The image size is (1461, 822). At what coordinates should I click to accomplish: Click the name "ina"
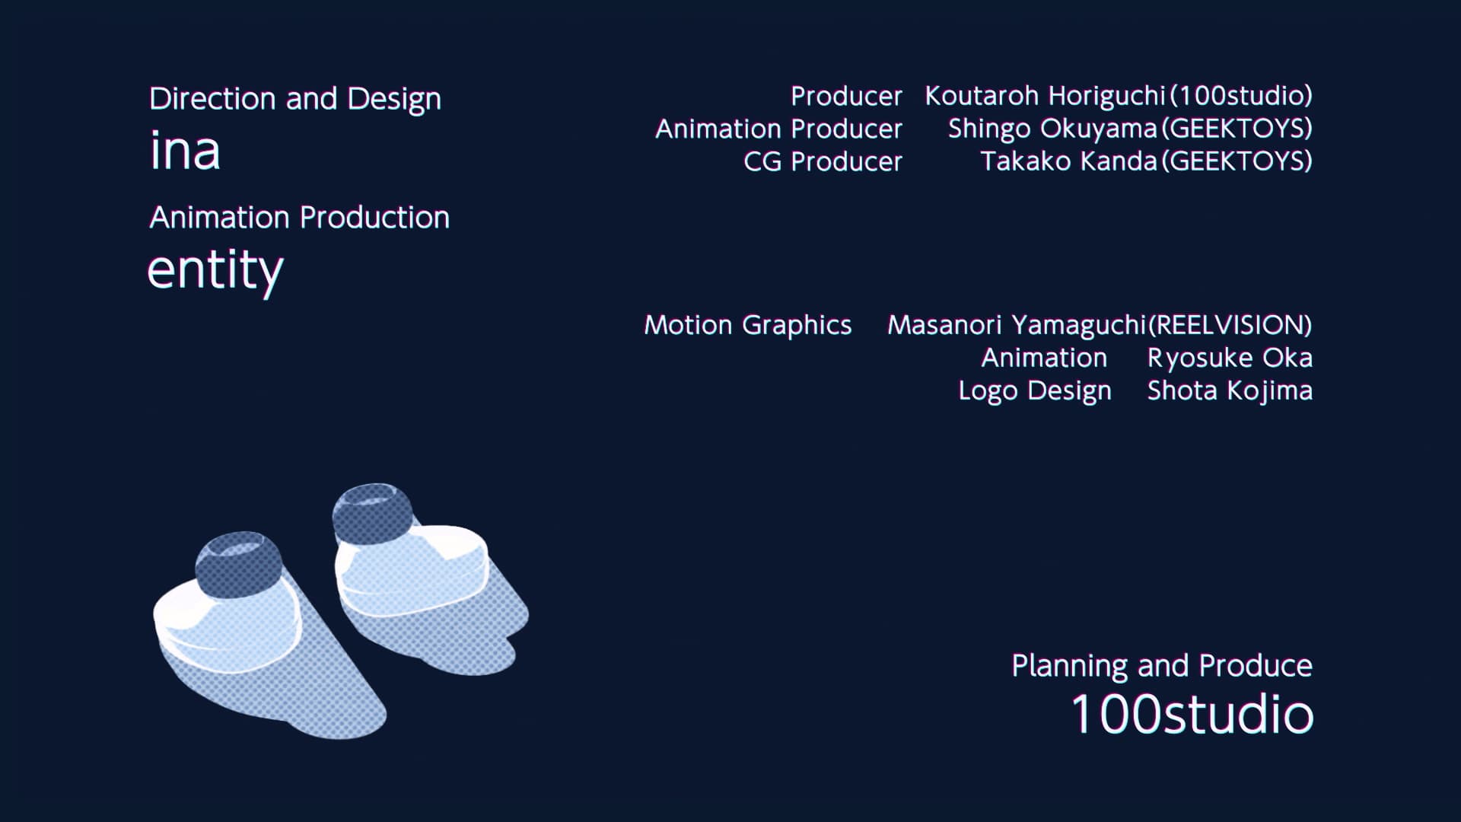[x=185, y=150]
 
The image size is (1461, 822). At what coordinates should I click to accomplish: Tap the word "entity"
[x=215, y=270]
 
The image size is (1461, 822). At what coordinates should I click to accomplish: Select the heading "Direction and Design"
[x=295, y=99]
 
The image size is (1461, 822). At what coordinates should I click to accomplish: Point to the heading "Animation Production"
[x=300, y=218]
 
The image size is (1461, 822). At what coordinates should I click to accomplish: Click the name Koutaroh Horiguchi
[x=1045, y=96]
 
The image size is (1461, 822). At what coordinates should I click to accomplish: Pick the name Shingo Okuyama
[x=1052, y=129]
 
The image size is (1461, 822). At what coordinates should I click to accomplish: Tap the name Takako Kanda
[x=1068, y=161]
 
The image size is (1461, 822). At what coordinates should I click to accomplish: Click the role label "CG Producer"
[x=823, y=161]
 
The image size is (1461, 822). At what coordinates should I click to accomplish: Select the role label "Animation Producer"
[x=778, y=129]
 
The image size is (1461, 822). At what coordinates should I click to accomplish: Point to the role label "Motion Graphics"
[x=748, y=325]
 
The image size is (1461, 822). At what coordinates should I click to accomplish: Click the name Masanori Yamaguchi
[x=1017, y=325]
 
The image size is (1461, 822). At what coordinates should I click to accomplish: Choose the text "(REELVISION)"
[x=1230, y=325]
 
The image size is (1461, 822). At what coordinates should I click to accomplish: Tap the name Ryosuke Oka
[x=1230, y=358]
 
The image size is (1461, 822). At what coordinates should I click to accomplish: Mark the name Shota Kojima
[x=1230, y=390]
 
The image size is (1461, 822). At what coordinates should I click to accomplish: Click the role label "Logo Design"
[x=1035, y=390]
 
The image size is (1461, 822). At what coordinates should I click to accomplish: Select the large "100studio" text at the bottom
[x=1192, y=714]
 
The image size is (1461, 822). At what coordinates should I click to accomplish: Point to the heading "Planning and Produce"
[x=1162, y=666]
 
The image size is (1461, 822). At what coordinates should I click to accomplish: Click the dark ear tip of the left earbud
[x=238, y=564]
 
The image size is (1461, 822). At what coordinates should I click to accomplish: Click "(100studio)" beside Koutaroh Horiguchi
[x=1240, y=96]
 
